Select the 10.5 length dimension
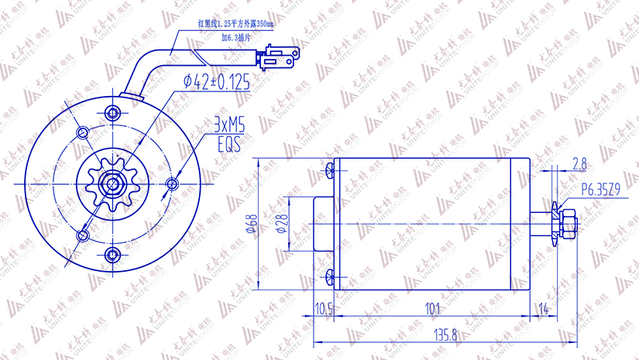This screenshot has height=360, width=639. (x=324, y=309)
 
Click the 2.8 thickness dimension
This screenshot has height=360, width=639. (x=579, y=163)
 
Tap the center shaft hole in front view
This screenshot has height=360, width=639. (x=114, y=184)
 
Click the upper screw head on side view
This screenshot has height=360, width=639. (x=331, y=169)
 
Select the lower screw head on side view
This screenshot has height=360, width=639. (x=331, y=276)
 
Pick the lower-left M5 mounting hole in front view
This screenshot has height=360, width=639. (x=84, y=235)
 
